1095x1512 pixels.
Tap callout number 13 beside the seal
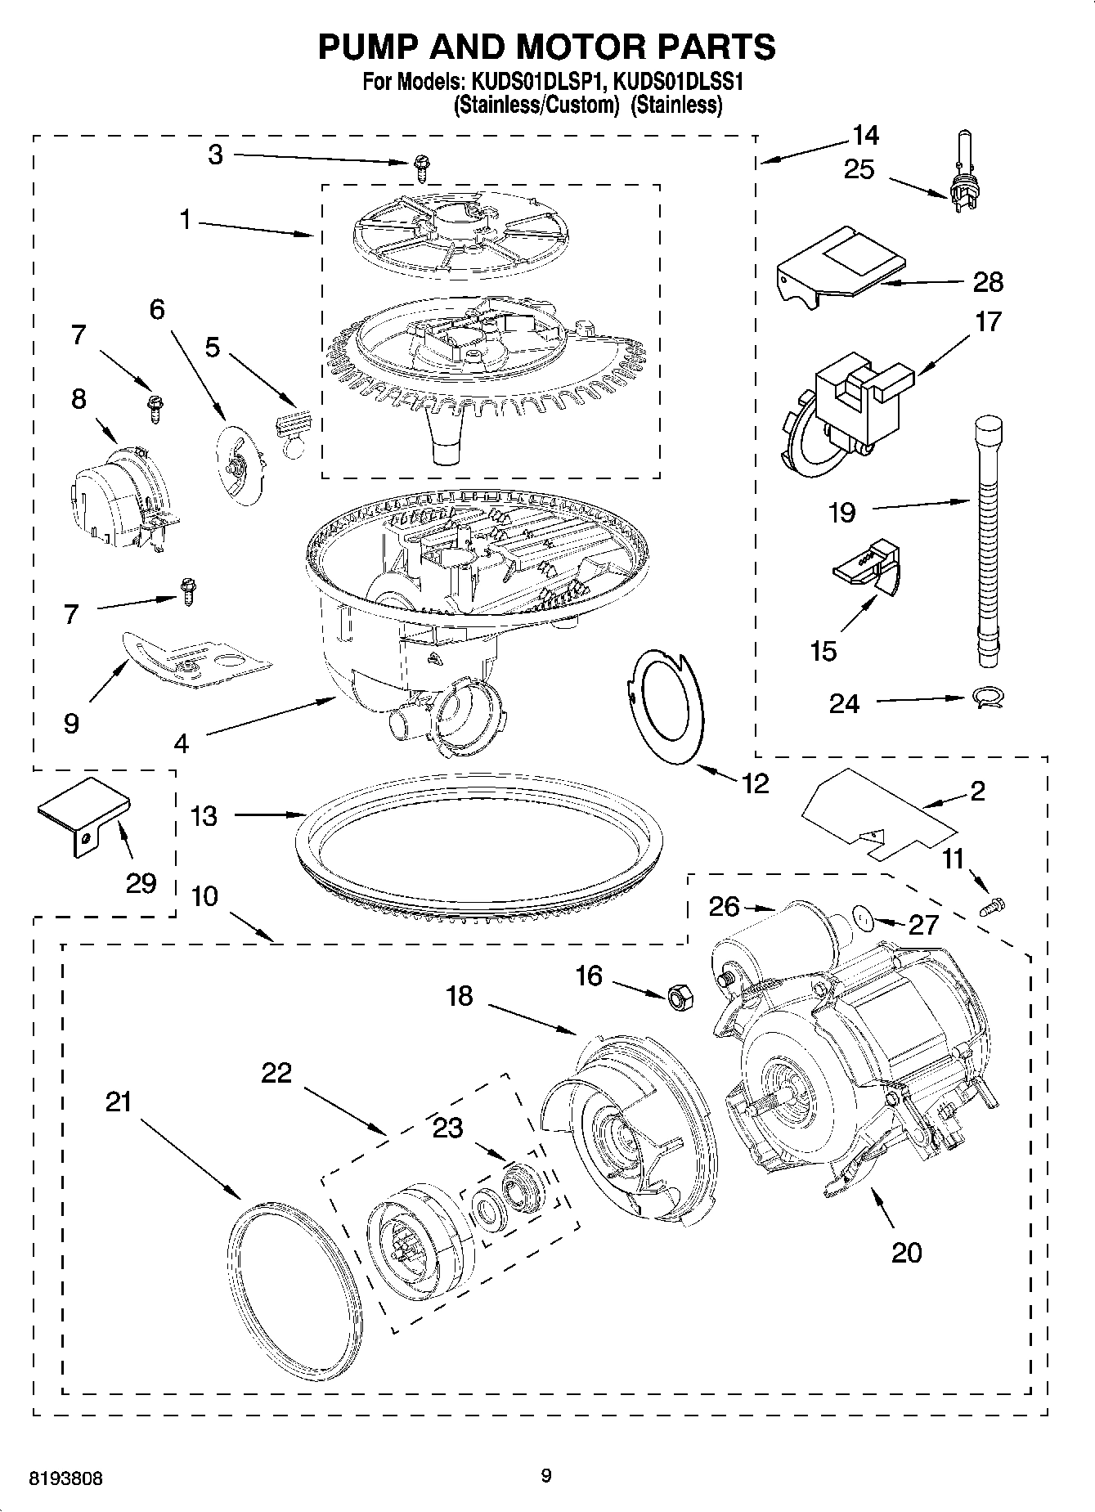204,815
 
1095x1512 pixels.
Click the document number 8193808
65,1478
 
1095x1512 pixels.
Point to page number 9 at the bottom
546,1475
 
